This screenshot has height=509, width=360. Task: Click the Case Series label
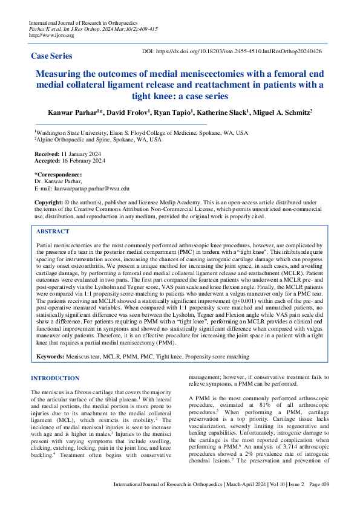pyautogui.click(x=51, y=56)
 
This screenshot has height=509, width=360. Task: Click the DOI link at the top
pyautogui.click(x=232, y=52)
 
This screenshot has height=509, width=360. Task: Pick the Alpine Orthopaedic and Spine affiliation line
pyautogui.click(x=98, y=139)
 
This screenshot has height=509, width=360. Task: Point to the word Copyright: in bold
pyautogui.click(x=49, y=202)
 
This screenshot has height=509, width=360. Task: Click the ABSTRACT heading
pyautogui.click(x=53, y=232)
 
